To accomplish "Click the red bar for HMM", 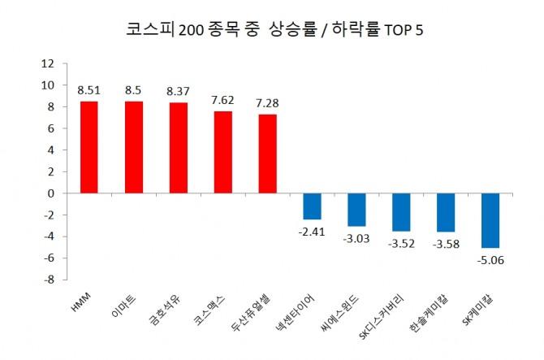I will [89, 147].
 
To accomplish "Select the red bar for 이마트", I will [134, 147].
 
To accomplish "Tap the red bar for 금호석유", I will [179, 148].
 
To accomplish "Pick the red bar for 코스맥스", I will [223, 152].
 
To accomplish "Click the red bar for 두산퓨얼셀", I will [268, 154].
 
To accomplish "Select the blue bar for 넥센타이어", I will [313, 206].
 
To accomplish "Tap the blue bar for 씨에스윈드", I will [357, 210].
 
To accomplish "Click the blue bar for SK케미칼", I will [491, 220].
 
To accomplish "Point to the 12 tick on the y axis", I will [48, 63].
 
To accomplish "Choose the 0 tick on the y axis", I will [50, 193].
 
